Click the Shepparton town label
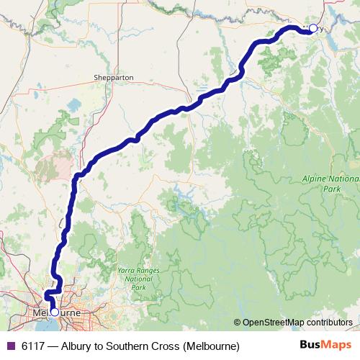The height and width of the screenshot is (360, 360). coord(114,77)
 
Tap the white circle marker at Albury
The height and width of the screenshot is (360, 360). coord(312,28)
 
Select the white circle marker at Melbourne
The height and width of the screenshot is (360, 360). coord(54,312)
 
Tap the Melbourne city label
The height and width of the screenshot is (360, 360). coord(58,313)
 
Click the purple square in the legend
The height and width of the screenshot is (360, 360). coord(9,346)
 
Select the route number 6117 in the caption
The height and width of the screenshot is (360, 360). coord(34,346)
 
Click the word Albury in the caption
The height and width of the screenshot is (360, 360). coord(78,346)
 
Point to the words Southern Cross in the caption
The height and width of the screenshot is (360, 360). coord(145,346)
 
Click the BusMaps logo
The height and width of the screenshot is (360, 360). coord(325,346)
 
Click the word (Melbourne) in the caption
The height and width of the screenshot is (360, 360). coord(211,346)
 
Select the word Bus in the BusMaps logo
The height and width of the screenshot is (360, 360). coord(311,346)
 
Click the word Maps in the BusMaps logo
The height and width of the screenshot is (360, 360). coord(336,346)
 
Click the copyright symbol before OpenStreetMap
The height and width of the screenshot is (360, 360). coord(238,323)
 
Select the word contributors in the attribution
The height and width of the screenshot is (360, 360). coord(329,323)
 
